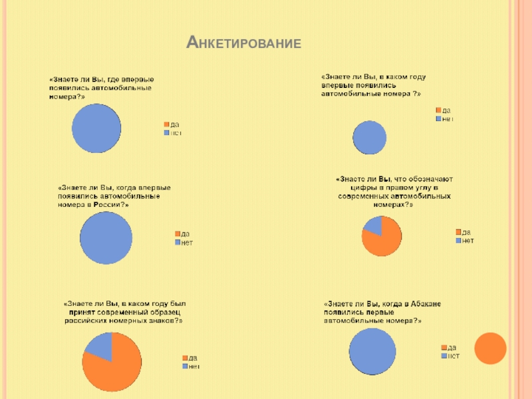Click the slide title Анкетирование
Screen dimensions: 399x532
pos(243,44)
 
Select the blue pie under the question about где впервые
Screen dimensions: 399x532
pos(96,128)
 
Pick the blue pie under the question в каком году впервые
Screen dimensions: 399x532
pos(370,138)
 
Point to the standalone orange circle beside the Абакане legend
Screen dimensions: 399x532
pos(491,348)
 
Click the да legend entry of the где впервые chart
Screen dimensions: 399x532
pos(173,124)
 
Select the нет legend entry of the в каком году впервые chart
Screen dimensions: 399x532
pos(446,118)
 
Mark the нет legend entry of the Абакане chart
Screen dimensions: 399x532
pos(452,356)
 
